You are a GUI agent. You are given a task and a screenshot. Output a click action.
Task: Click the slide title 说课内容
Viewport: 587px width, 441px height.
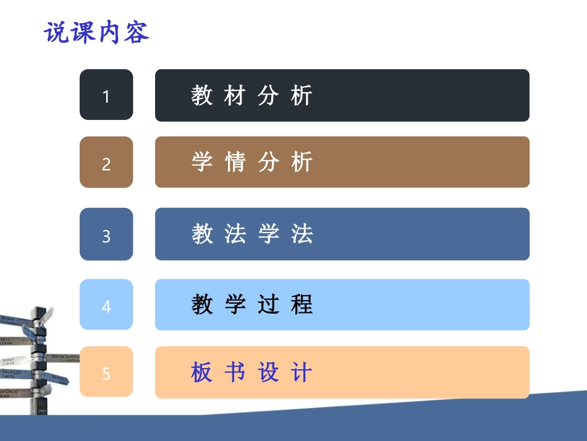[97, 33]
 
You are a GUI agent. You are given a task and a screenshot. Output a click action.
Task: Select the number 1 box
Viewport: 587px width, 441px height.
[106, 95]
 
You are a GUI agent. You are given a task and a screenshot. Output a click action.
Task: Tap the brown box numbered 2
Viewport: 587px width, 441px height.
[106, 162]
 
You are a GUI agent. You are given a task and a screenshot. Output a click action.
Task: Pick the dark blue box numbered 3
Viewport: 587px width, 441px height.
[106, 234]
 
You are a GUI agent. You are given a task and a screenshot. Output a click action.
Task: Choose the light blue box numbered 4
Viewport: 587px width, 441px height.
[106, 305]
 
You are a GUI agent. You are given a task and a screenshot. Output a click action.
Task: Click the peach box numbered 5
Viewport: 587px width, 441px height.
[106, 372]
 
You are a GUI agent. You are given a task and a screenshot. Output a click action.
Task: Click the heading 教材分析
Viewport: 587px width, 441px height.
[251, 95]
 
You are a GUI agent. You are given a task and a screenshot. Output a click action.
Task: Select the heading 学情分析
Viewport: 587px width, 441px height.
[251, 162]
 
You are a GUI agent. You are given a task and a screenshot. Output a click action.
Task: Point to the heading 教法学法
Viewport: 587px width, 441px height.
[251, 234]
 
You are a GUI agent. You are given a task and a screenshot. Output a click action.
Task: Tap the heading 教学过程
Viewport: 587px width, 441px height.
[251, 304]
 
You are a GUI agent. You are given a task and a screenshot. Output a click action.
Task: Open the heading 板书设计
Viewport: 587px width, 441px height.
[251, 372]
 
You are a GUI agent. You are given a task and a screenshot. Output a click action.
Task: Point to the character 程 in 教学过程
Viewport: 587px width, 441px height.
[302, 304]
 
